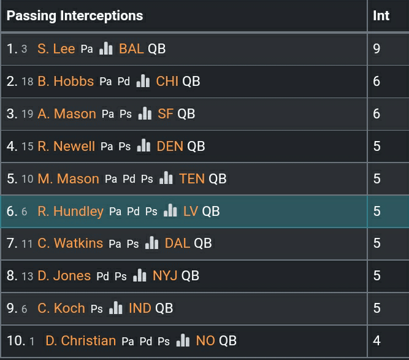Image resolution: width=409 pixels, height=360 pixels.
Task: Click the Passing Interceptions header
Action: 75,16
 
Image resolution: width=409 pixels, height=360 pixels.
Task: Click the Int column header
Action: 381,16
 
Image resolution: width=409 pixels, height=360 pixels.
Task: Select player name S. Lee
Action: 56,49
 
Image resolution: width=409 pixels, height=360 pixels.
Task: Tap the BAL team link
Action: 131,49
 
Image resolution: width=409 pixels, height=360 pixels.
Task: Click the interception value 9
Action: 377,49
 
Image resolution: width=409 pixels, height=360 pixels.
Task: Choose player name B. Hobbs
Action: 66,82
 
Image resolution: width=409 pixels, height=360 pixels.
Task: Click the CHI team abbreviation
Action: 167,82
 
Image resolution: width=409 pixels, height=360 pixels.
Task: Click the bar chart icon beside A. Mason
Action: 145,114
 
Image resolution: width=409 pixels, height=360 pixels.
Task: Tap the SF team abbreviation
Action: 166,114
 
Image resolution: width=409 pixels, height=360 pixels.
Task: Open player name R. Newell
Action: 66,147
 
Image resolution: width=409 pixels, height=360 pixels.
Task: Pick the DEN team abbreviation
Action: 170,147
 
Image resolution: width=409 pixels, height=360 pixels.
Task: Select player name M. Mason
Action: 68,179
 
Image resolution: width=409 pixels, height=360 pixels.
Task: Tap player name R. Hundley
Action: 71,212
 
